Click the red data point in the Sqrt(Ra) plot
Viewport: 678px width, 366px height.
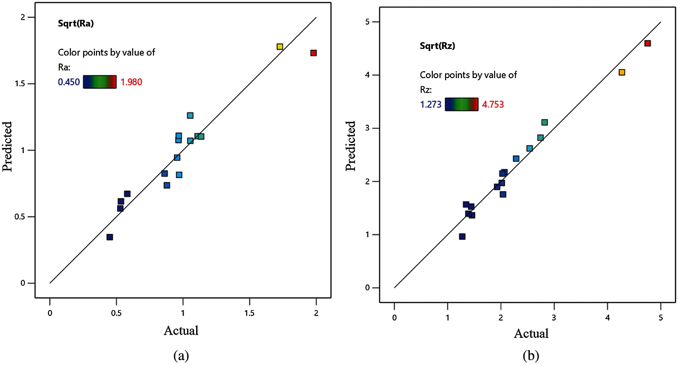coord(313,53)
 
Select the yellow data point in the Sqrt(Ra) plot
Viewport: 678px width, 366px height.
coord(280,47)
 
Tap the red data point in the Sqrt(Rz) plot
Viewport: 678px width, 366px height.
coord(647,43)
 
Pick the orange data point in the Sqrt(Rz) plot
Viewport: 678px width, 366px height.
coord(622,72)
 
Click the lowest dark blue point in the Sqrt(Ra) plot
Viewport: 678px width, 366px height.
coord(110,237)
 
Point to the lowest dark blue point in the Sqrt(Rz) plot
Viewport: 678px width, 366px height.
coord(462,236)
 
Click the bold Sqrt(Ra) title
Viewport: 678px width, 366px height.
coord(76,23)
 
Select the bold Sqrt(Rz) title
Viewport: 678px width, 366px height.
coord(437,46)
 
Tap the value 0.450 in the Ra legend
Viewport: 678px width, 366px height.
coord(69,82)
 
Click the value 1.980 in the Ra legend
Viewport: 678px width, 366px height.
coord(131,82)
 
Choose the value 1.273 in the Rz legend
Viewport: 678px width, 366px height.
coord(431,104)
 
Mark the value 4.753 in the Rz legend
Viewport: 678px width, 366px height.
coord(493,104)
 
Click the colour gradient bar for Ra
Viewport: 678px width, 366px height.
coord(100,82)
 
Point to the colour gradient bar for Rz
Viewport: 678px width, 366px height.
coord(461,104)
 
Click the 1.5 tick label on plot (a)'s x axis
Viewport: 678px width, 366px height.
coord(249,313)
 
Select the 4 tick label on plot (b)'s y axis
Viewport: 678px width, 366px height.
coord(368,75)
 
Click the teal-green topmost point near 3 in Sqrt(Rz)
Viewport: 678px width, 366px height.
coord(544,122)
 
